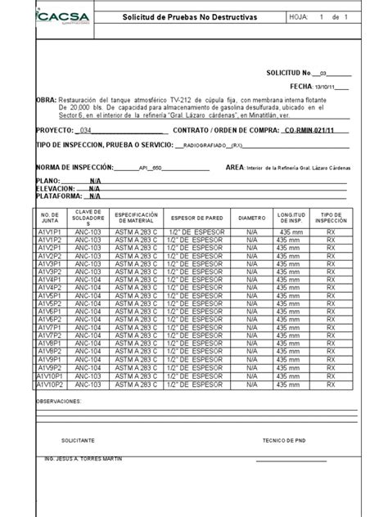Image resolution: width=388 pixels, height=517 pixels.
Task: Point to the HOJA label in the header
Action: pos(299,17)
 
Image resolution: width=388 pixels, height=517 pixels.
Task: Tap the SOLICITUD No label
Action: pos(290,73)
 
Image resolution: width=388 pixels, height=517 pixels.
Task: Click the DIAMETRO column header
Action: pos(251,218)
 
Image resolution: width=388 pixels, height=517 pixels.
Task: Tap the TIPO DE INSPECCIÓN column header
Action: pos(331,218)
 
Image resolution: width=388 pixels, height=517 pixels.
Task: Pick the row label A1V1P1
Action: pos(50,233)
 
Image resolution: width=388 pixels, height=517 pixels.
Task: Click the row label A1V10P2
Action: pos(50,384)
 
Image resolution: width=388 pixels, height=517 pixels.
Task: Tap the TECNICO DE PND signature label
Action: pos(283,440)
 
